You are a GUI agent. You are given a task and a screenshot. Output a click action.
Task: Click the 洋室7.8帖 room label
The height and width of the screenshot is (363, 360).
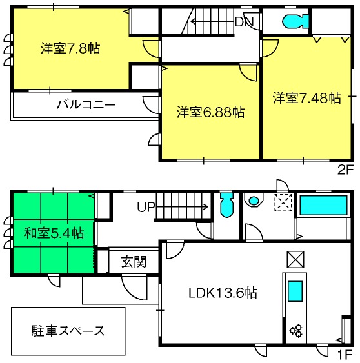click(x=70, y=48)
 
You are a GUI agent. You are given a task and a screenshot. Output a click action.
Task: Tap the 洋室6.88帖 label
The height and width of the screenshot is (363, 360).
click(x=210, y=112)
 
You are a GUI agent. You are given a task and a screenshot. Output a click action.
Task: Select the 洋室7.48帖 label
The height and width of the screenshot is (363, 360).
click(x=306, y=97)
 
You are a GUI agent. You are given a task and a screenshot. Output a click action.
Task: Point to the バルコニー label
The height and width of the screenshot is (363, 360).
click(x=86, y=104)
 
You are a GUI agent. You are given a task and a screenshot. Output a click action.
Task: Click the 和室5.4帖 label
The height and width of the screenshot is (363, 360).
click(x=54, y=233)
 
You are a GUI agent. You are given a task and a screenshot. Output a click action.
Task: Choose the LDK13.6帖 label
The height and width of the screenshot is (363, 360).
click(x=223, y=293)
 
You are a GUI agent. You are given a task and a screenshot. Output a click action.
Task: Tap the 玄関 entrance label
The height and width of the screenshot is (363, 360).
click(x=134, y=262)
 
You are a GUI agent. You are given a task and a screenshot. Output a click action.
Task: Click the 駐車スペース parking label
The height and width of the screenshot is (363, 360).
click(x=68, y=331)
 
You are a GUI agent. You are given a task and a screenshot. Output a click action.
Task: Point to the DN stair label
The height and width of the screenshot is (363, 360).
click(x=245, y=22)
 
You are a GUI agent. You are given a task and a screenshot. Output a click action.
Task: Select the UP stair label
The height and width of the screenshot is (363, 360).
click(x=146, y=207)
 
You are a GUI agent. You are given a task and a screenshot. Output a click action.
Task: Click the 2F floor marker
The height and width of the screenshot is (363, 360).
click(x=345, y=170)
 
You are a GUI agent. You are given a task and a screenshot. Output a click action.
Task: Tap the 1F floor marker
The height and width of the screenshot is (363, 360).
click(x=346, y=354)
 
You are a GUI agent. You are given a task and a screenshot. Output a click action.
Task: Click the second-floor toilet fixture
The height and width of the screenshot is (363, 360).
click(x=295, y=21)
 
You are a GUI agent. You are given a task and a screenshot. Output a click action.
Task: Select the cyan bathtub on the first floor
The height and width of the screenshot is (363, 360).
click(x=324, y=205)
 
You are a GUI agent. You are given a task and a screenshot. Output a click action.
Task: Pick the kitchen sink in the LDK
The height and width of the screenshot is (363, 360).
click(x=295, y=291)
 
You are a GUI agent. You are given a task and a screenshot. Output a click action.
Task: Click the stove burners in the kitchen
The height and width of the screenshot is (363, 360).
click(x=296, y=330)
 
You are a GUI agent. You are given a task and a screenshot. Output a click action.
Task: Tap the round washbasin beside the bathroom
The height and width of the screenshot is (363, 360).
click(x=254, y=201)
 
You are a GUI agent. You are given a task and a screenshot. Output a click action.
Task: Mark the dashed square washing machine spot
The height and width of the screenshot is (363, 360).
click(x=283, y=203)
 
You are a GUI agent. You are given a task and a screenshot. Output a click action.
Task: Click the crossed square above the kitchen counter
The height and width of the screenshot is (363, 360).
click(x=295, y=259)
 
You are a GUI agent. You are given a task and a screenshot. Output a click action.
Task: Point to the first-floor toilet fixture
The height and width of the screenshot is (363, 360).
click(x=226, y=205)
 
